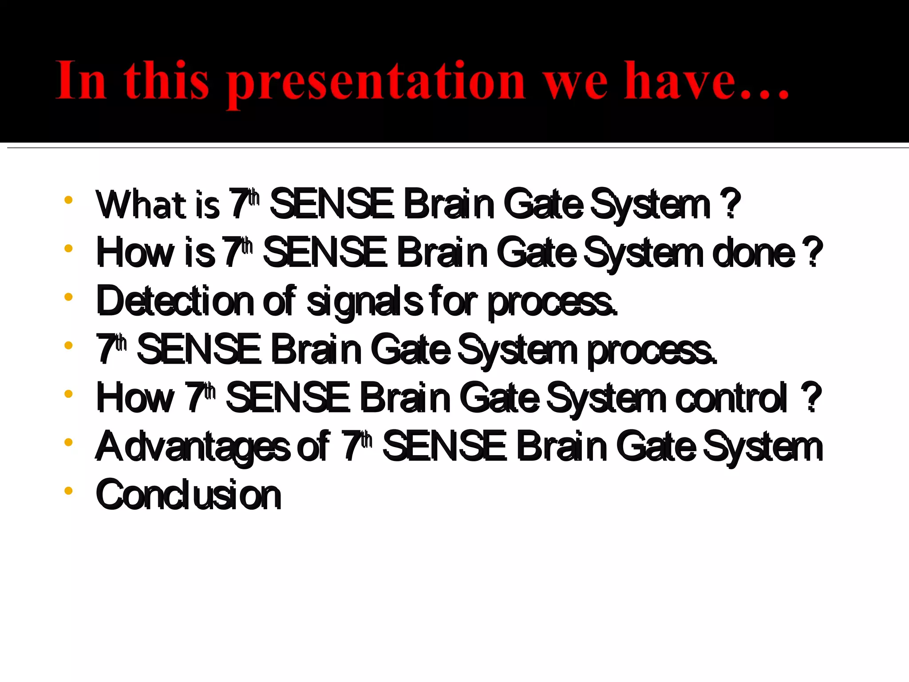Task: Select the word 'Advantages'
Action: pyautogui.click(x=193, y=446)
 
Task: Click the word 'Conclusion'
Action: pyautogui.click(x=189, y=494)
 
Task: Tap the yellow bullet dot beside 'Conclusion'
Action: pyautogui.click(x=68, y=491)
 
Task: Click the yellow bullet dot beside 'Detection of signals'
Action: pyautogui.click(x=68, y=297)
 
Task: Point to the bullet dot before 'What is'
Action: pyautogui.click(x=68, y=200)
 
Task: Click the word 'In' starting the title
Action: pyautogui.click(x=81, y=81)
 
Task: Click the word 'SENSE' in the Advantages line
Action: pyautogui.click(x=444, y=446)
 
